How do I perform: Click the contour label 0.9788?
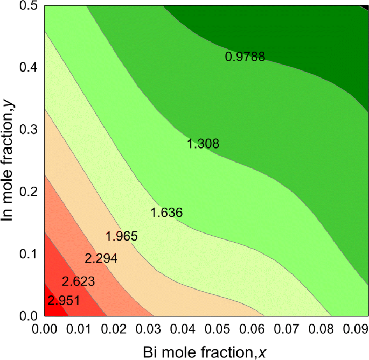(245, 57)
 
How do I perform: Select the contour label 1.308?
(203, 144)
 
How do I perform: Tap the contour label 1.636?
(166, 213)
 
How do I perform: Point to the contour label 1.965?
(122, 236)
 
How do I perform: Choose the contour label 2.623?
(79, 281)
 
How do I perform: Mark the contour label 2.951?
(64, 300)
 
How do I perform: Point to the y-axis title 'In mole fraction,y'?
(9, 161)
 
